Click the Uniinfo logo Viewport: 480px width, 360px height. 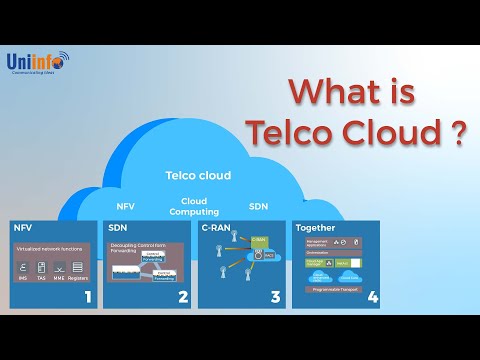36,64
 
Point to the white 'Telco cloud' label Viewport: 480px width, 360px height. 198,176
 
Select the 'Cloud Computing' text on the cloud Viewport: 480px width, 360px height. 188,206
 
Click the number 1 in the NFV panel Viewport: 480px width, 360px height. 88,296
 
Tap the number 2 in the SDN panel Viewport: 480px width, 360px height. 182,296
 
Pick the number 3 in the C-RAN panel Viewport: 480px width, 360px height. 276,296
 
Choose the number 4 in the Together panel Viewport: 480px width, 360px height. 372,296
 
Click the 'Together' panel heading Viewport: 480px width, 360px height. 316,228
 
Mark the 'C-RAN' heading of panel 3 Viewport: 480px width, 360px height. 217,228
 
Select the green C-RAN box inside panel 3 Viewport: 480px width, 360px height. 258,241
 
